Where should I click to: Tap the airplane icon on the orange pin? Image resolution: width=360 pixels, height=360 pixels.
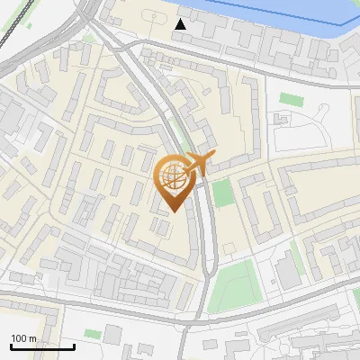point(197,164)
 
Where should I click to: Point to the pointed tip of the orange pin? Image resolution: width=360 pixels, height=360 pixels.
point(173,212)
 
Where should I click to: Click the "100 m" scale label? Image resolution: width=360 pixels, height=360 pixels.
point(23,338)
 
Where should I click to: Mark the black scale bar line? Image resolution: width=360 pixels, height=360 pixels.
point(42,346)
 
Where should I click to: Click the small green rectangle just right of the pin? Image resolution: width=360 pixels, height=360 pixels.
point(223,192)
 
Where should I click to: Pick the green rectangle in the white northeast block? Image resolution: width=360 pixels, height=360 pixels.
point(289,98)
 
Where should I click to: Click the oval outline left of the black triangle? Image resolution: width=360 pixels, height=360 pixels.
point(149,16)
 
